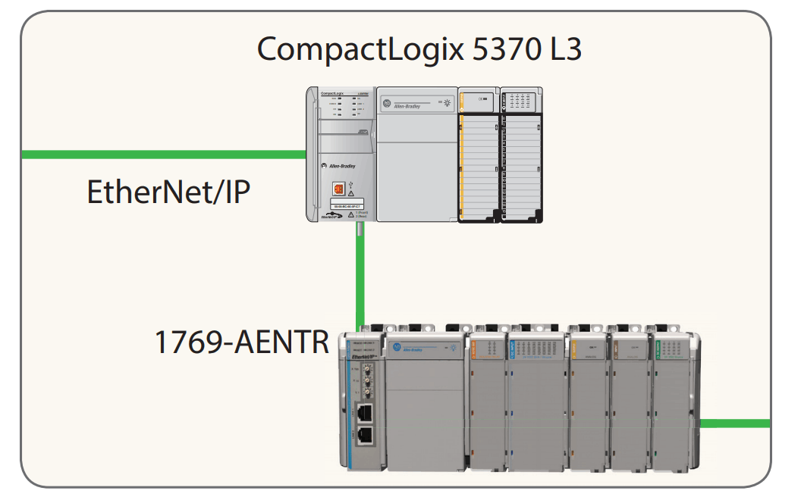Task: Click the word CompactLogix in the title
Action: coord(348,50)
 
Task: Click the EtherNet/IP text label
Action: coord(168,192)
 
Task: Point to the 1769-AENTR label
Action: coord(241,342)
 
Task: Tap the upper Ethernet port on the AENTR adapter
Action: coord(365,412)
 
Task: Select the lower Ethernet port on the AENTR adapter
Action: coord(365,435)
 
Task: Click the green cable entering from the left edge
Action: coord(152,155)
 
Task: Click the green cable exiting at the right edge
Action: coord(734,424)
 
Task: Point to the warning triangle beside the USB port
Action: coord(350,194)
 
